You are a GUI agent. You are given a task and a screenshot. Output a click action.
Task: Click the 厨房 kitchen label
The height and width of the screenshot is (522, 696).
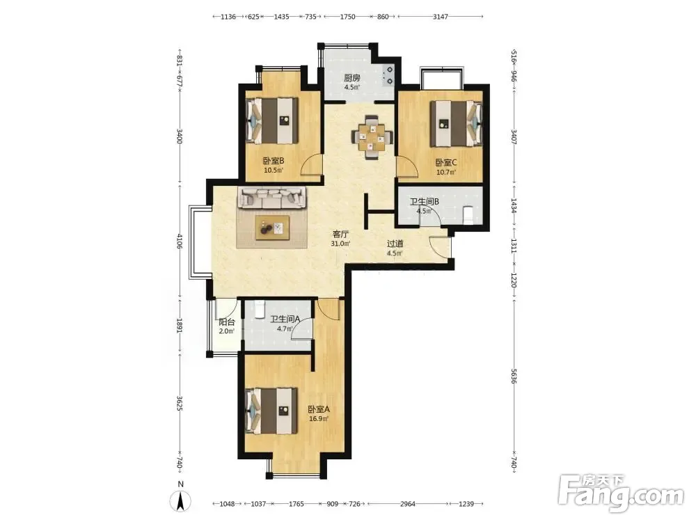tap(352, 78)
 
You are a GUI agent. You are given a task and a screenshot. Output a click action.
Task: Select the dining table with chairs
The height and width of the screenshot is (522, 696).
tap(372, 137)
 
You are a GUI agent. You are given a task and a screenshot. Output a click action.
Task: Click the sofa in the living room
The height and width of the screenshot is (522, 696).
tap(272, 198)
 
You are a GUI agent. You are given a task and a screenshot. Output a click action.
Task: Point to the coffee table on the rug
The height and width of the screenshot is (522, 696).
tap(273, 228)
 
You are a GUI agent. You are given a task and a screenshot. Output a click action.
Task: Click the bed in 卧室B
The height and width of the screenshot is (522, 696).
tap(272, 120)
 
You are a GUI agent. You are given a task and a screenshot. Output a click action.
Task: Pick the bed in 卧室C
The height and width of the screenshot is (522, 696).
tap(457, 123)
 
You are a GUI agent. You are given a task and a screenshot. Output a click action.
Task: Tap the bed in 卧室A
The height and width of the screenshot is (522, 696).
tap(271, 411)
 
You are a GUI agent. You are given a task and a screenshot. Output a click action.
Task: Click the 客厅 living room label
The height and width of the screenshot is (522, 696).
tap(340, 234)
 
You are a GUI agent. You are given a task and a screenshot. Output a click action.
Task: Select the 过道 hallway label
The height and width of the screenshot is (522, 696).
tap(395, 244)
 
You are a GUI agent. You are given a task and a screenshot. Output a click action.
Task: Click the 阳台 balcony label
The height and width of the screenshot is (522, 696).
tap(226, 322)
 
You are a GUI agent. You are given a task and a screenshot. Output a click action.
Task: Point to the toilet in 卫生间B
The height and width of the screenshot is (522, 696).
tap(468, 215)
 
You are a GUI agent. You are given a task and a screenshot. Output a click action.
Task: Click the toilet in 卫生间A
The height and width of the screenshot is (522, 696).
tap(259, 308)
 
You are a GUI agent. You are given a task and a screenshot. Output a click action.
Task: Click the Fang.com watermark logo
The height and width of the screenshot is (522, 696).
tap(621, 492)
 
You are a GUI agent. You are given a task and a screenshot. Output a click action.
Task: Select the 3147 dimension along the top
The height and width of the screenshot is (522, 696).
tap(441, 17)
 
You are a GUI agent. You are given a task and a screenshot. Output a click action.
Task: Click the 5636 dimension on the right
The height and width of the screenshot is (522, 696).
tap(514, 376)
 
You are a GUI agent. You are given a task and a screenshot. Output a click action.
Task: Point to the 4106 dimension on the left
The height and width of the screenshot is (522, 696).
tap(180, 241)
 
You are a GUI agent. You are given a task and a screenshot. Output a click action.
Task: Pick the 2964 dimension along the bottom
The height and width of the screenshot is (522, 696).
tap(407, 504)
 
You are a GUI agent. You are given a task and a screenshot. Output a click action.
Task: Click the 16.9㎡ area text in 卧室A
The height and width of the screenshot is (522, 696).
tap(319, 418)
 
